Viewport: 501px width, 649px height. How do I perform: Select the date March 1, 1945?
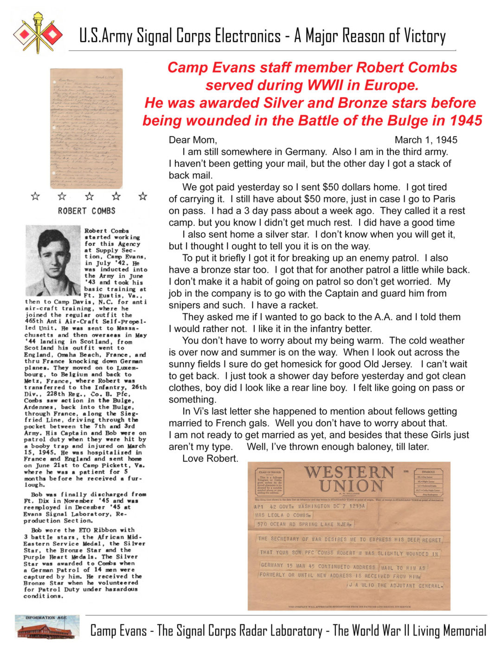pos(426,140)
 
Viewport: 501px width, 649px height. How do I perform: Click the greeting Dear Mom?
pos(193,140)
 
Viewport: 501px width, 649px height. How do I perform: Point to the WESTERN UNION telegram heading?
pos(349,479)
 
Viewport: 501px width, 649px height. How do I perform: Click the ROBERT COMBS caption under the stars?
pos(86,211)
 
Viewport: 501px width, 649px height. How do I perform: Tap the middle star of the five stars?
pos(90,196)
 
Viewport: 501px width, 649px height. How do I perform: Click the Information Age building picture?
pos(46,627)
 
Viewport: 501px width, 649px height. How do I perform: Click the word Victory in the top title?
pos(424,36)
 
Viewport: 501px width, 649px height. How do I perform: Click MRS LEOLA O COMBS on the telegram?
pos(283,515)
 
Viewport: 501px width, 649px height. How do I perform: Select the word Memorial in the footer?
pos(465,630)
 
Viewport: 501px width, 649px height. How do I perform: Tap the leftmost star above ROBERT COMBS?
pos(35,196)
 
